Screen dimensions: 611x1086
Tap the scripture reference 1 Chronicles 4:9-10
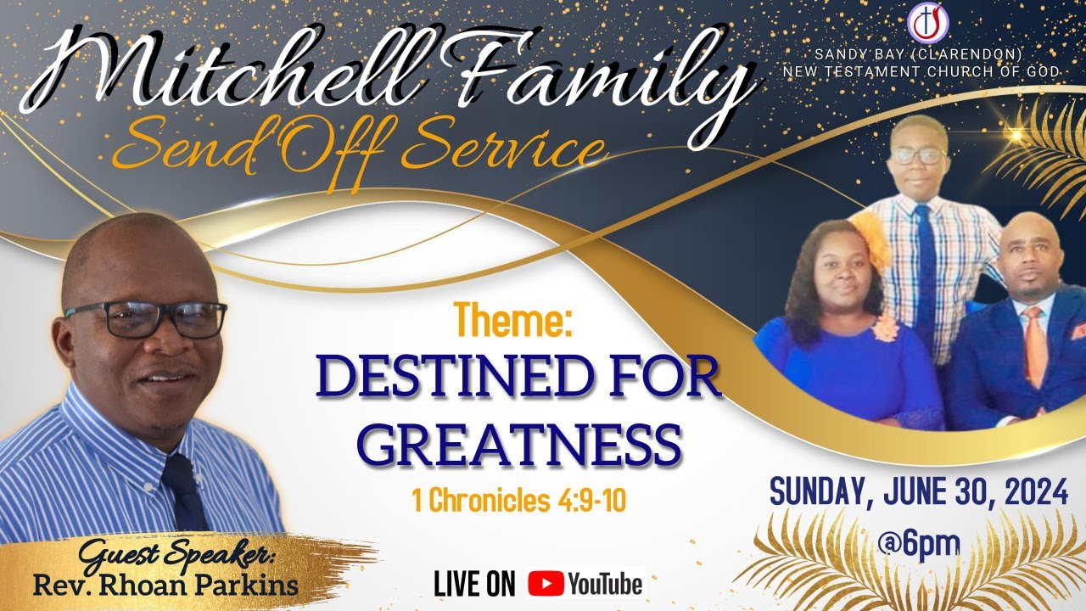(x=518, y=501)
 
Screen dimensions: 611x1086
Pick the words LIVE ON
(x=474, y=584)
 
